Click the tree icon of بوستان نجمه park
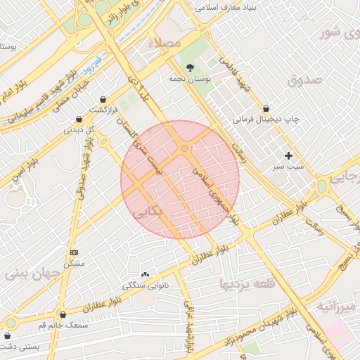191,67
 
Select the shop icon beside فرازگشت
104,100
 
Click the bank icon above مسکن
74,252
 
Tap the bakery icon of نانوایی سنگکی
146,274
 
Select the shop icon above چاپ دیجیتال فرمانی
266,108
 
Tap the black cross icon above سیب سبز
288,155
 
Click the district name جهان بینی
28,274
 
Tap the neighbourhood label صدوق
304,79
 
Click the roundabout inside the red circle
184,148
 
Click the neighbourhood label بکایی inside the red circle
148,210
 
